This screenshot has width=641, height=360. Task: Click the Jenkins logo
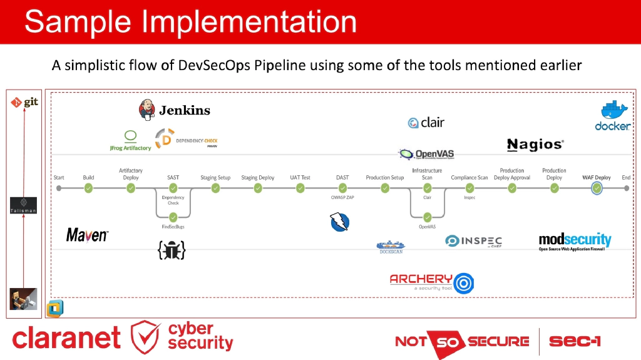[174, 110]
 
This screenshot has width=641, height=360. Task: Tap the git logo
[24, 101]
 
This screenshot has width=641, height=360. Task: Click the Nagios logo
[535, 145]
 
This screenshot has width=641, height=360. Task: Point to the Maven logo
[87, 235]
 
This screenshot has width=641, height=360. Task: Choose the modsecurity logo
[575, 241]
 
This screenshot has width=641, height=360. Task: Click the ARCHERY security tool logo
[431, 282]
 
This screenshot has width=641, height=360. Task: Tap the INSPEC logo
[473, 241]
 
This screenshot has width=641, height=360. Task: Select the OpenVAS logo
[426, 153]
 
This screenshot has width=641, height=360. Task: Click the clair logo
[426, 123]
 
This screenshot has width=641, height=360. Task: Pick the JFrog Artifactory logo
[130, 141]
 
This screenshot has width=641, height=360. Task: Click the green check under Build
[88, 187]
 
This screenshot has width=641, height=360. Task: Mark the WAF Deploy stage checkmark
[597, 188]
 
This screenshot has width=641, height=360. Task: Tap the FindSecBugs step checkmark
[173, 217]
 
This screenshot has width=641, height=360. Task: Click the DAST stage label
[342, 178]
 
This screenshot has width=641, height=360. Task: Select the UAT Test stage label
[300, 178]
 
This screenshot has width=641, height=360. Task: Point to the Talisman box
[23, 205]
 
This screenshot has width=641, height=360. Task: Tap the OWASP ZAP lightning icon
[339, 222]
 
